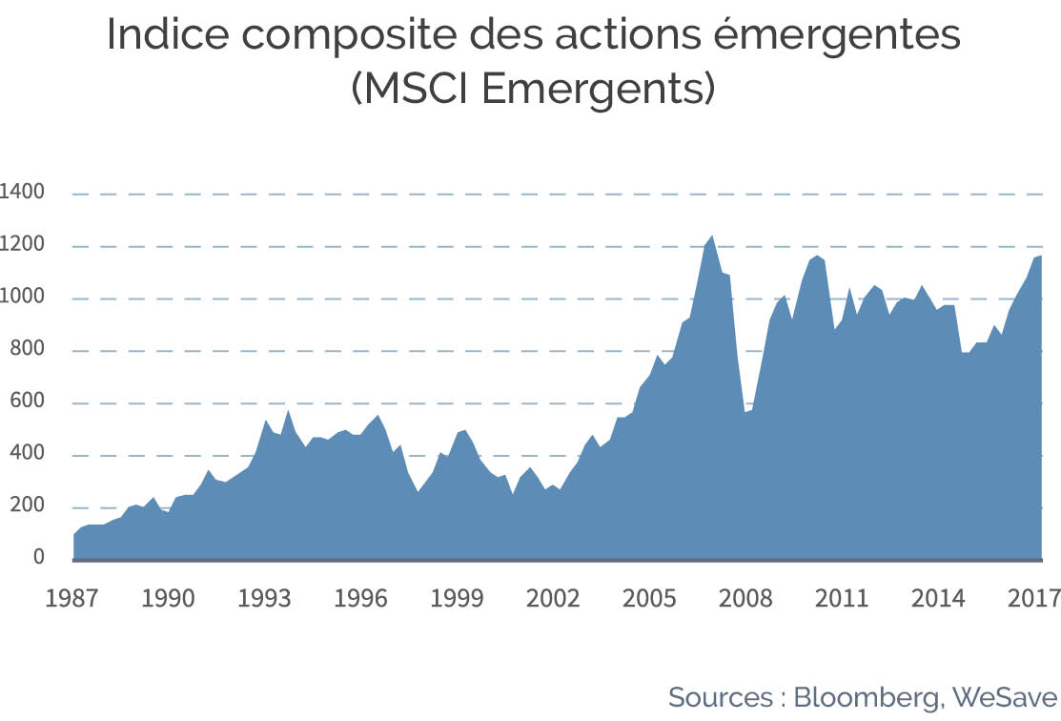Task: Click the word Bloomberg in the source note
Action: (867, 698)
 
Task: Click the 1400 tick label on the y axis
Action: (22, 192)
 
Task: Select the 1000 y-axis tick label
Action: (22, 296)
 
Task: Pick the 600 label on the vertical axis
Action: (27, 401)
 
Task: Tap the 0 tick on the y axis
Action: (38, 557)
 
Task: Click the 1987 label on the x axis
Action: (71, 599)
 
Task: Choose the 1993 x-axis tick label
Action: (264, 599)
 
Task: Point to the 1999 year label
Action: (457, 599)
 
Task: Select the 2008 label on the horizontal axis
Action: (745, 599)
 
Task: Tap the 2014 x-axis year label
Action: (938, 599)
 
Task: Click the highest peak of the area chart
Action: (711, 237)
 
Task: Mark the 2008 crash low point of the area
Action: (745, 411)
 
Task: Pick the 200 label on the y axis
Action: (27, 505)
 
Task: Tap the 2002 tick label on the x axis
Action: (553, 599)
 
